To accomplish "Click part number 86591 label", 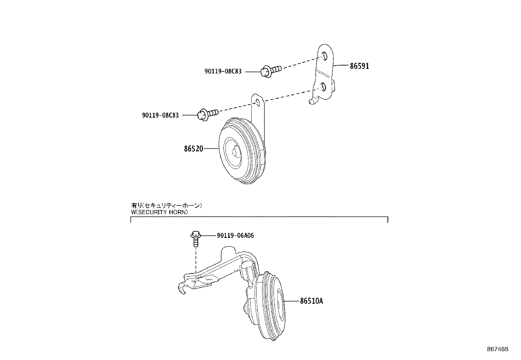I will click(359, 66).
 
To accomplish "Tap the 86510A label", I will click(311, 301).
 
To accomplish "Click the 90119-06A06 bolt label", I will click(235, 236).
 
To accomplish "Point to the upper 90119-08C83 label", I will click(223, 71).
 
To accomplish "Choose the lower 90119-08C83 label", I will click(160, 115).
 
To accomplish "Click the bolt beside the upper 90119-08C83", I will click(271, 70).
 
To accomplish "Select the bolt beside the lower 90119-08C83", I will click(208, 114).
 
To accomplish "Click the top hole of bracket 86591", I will click(325, 56).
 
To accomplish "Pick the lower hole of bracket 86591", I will click(323, 87).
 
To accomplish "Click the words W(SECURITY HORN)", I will click(159, 212).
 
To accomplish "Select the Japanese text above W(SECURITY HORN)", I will click(167, 206).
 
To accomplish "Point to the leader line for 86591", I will click(341, 66).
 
